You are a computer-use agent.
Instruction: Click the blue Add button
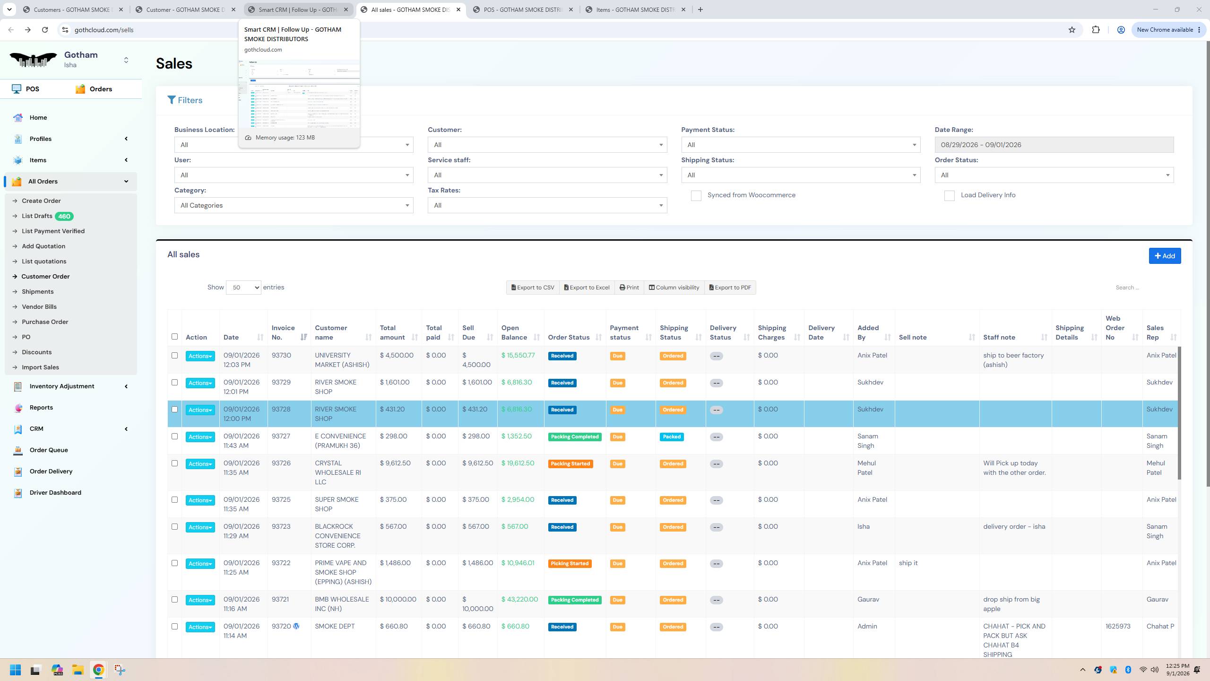coord(1165,256)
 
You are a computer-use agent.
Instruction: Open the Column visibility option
coord(674,288)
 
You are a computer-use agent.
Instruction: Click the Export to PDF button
coord(730,288)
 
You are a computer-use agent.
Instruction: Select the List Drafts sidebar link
coord(37,216)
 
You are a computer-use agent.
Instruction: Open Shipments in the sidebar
coord(37,292)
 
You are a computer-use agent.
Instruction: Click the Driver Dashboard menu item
coord(55,493)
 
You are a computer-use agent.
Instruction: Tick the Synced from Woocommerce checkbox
coord(696,196)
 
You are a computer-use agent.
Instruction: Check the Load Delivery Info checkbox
coord(949,196)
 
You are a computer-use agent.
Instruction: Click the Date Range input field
coord(1054,145)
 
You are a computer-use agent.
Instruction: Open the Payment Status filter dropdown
coord(801,145)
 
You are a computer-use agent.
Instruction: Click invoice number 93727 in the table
coord(281,437)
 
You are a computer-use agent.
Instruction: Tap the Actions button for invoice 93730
coord(200,356)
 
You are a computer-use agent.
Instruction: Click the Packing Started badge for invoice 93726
coord(570,464)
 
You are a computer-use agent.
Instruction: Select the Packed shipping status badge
coord(672,437)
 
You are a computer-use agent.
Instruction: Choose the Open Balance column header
coord(514,332)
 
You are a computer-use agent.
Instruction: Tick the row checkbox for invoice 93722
coord(174,563)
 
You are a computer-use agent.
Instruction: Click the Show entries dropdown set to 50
coord(243,288)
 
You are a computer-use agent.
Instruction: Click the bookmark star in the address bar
coord(1072,30)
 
